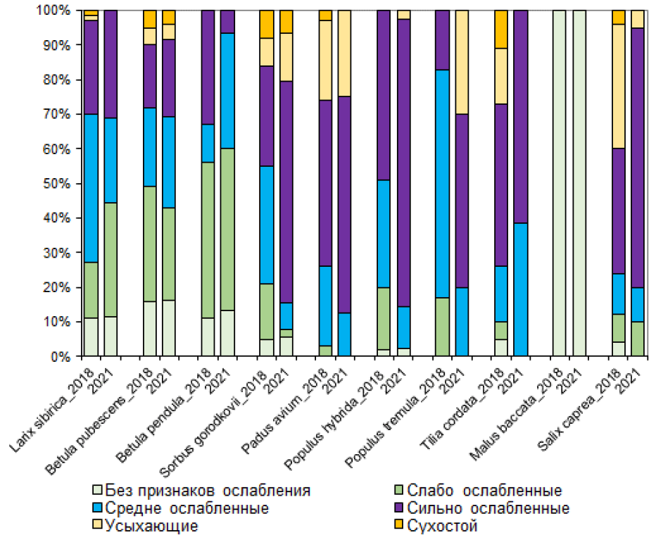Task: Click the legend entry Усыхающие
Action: tap(151, 525)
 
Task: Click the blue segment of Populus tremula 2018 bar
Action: tap(442, 183)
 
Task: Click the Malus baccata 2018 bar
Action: tap(560, 183)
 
